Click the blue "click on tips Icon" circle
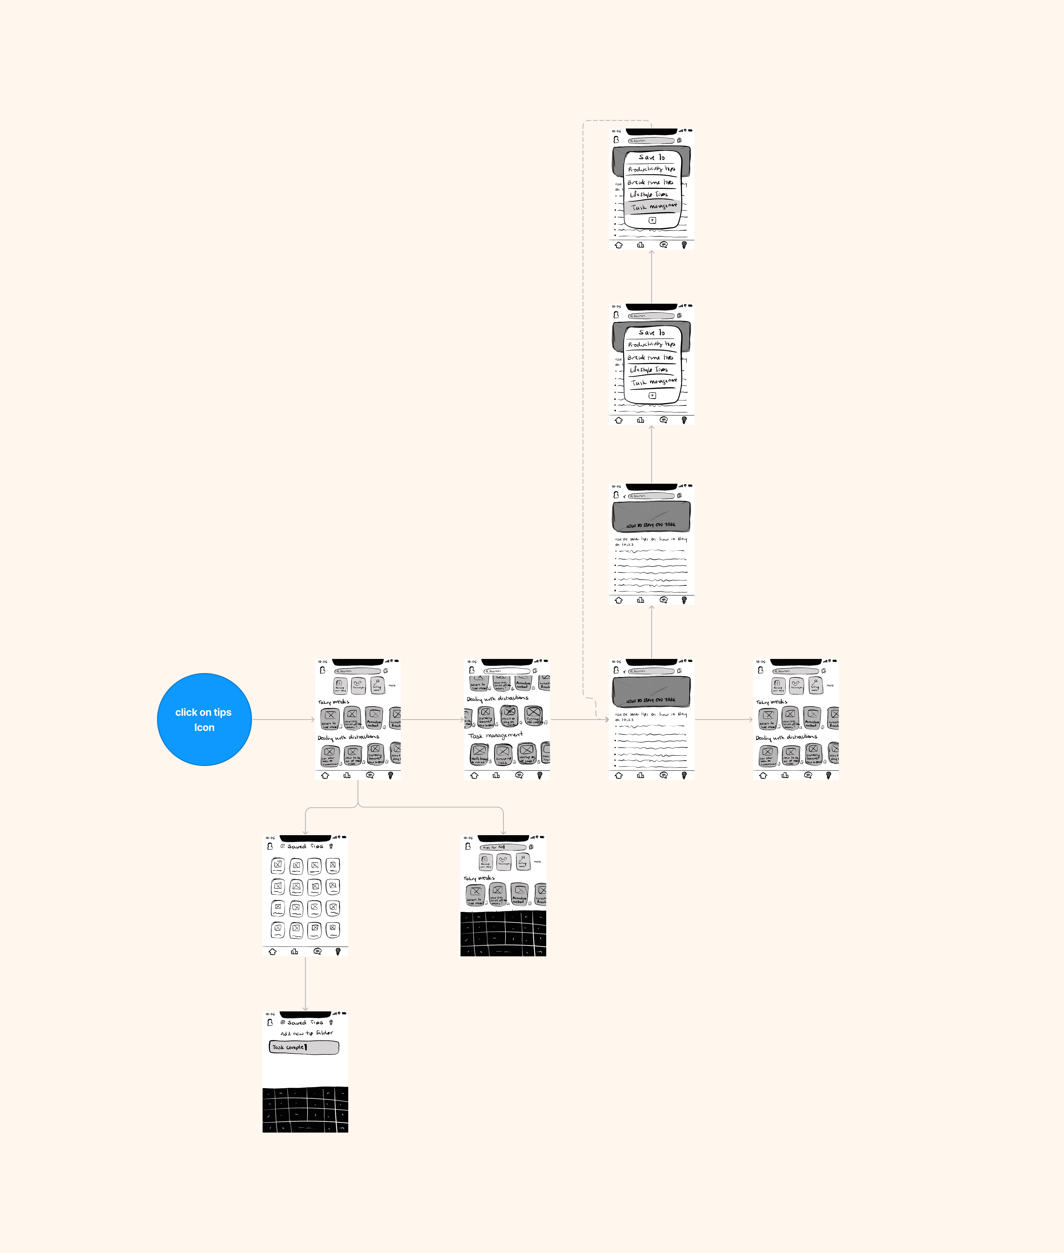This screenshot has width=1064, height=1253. pyautogui.click(x=204, y=719)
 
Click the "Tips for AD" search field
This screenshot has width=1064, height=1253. pyautogui.click(x=502, y=847)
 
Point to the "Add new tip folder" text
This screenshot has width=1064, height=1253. pyautogui.click(x=307, y=1033)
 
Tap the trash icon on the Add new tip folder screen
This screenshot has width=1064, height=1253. pyautogui.click(x=331, y=1023)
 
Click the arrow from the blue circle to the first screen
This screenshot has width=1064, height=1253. pyautogui.click(x=284, y=719)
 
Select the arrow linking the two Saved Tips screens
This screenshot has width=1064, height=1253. pyautogui.click(x=305, y=983)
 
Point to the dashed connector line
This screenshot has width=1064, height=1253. pyautogui.click(x=583, y=422)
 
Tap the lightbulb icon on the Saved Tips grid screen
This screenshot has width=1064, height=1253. pyautogui.click(x=338, y=952)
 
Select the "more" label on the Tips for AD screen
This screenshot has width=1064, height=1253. pyautogui.click(x=537, y=862)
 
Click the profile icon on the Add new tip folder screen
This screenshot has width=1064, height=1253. pyautogui.click(x=270, y=1023)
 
